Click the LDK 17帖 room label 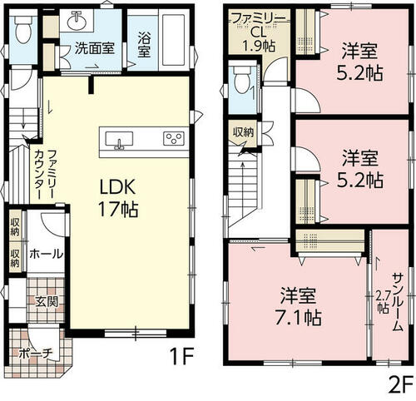pyautogui.click(x=118, y=198)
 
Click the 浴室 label pyautogui.click(x=144, y=44)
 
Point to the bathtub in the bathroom pyautogui.click(x=173, y=38)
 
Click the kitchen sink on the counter pyautogui.click(x=119, y=140)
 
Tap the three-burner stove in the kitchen pyautogui.click(x=174, y=138)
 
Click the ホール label pyautogui.click(x=47, y=254)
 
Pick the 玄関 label pyautogui.click(x=47, y=301)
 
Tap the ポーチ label pyautogui.click(x=36, y=354)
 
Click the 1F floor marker pyautogui.click(x=181, y=356)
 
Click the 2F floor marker pyautogui.click(x=400, y=386)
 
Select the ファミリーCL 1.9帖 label pyautogui.click(x=258, y=32)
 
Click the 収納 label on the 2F pyautogui.click(x=243, y=132)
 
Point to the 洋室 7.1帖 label pyautogui.click(x=298, y=306)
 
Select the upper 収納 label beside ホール pyautogui.click(x=15, y=227)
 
